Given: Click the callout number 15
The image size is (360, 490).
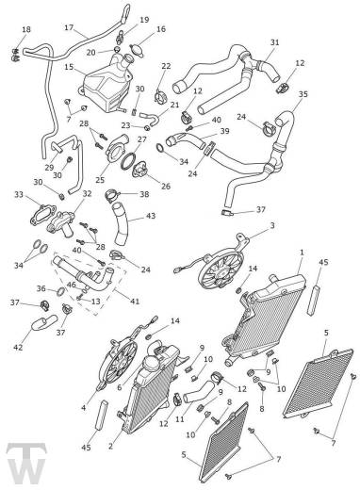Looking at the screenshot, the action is pos(69,67).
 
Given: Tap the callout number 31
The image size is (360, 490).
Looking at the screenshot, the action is pos(275,42).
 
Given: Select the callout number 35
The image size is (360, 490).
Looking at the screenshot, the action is pos(303,94).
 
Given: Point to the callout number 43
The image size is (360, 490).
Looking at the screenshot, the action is pos(151,216).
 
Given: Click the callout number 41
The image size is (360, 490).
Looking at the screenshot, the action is pos(135,302).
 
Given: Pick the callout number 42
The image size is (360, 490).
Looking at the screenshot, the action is pos(18,347).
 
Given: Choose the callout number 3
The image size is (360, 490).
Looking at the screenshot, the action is pos(272,225).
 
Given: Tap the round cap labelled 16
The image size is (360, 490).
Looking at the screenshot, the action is pos(138,50).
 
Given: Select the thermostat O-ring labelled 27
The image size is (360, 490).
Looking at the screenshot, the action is pos(128,161).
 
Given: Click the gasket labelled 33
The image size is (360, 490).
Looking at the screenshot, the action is pos(43,214).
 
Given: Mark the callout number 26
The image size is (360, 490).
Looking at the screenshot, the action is pos(166,187).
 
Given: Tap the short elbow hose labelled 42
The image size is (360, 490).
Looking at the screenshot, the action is pos(44,323).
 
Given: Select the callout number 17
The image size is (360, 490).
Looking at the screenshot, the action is pos(69,27).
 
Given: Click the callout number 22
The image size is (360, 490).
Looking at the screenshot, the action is pos(166,66).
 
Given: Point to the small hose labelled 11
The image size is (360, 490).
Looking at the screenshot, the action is pos(199,391).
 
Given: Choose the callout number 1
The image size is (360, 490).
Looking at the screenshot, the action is pos(302,253).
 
